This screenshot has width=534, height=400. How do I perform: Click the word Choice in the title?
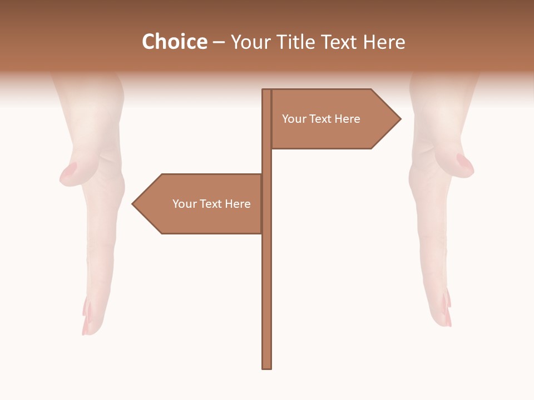tap(174, 42)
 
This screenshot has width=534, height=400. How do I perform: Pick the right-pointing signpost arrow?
tap(334, 119)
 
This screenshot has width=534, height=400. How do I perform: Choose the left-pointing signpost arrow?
tap(200, 204)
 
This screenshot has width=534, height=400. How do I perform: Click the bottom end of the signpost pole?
tap(267, 367)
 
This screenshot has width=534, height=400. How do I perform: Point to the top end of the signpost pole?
tap(267, 91)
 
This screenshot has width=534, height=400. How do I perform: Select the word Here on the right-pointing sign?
tap(348, 119)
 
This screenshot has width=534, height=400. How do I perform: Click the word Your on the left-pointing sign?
tap(184, 204)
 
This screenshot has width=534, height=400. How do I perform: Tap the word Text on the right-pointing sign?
tap(320, 119)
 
